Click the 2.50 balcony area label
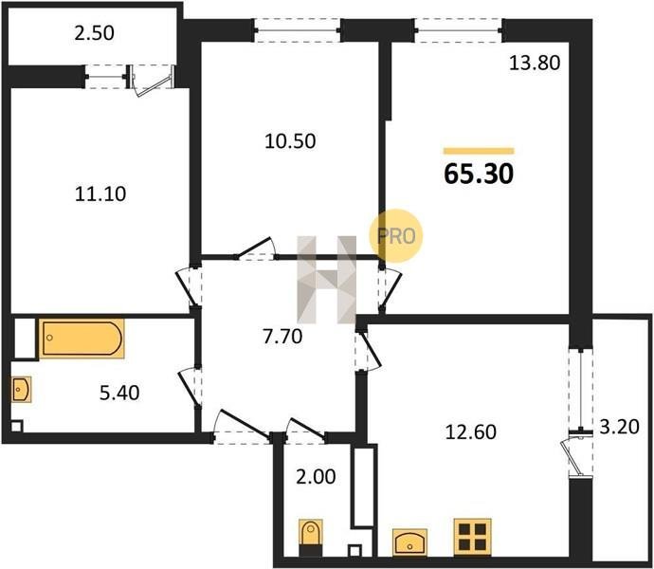(x=94, y=33)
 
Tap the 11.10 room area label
(x=100, y=194)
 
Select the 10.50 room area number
(x=290, y=141)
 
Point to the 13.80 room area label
(x=535, y=63)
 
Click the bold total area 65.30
(x=479, y=174)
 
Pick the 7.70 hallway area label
(x=282, y=337)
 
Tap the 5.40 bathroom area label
(x=119, y=393)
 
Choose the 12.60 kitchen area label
(x=471, y=432)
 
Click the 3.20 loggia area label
(x=619, y=427)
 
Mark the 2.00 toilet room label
(x=316, y=477)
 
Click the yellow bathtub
(x=82, y=339)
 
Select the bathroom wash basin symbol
(x=21, y=390)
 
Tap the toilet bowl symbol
(x=311, y=538)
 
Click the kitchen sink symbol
(x=409, y=542)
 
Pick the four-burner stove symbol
(x=473, y=538)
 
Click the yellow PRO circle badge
(x=396, y=236)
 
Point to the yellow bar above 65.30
(x=479, y=151)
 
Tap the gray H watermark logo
(x=327, y=280)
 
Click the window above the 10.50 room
(x=298, y=30)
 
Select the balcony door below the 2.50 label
(x=151, y=80)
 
